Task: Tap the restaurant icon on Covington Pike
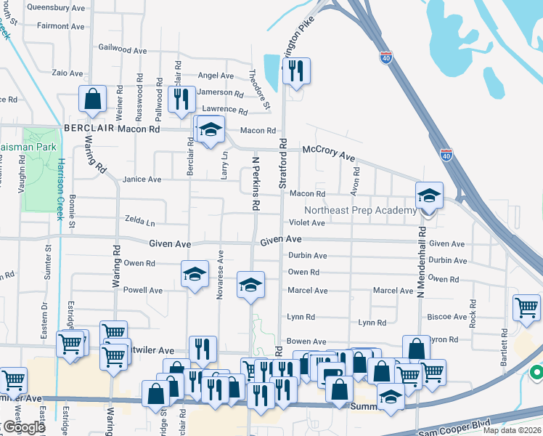(x=295, y=71)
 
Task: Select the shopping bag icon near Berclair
(x=93, y=99)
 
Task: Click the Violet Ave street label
(x=307, y=223)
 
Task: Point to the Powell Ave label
(x=143, y=290)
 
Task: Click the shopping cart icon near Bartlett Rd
(x=526, y=307)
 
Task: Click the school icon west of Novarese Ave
(x=194, y=274)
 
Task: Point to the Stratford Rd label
(x=283, y=165)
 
